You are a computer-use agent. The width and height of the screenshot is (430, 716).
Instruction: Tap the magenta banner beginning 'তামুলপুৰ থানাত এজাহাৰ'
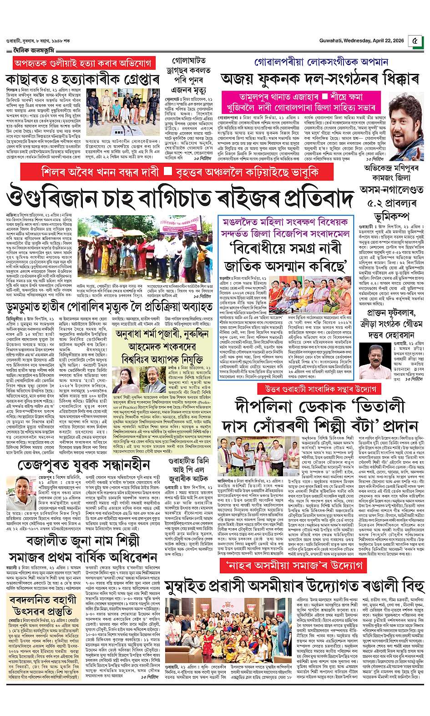coord(301,103)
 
